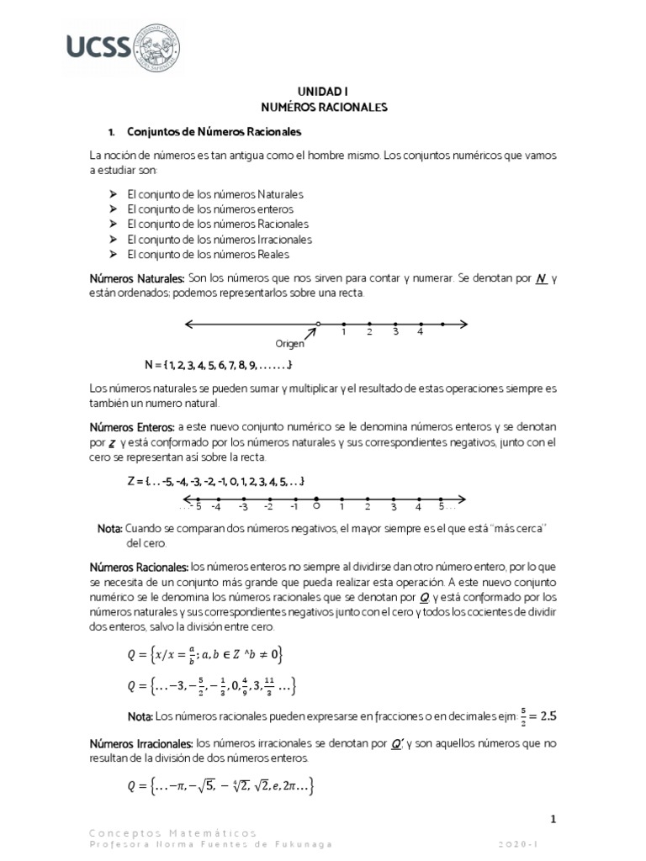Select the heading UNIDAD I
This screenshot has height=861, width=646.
tap(323, 92)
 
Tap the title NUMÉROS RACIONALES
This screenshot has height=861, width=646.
tap(323, 108)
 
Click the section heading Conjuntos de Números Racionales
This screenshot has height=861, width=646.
tap(214, 132)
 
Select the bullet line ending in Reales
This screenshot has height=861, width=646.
tap(208, 254)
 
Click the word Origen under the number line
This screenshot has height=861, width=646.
tap(289, 344)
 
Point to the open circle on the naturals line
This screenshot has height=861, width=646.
tap(318, 324)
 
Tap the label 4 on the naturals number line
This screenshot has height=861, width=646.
tap(419, 333)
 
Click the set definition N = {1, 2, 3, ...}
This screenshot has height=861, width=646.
tap(219, 365)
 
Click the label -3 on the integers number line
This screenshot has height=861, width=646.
tap(243, 507)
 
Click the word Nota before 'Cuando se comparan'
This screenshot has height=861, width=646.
tap(109, 529)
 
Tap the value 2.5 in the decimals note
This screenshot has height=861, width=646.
tap(549, 716)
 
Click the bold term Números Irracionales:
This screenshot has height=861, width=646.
tap(140, 744)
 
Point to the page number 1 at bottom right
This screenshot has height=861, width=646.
tap(553, 818)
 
